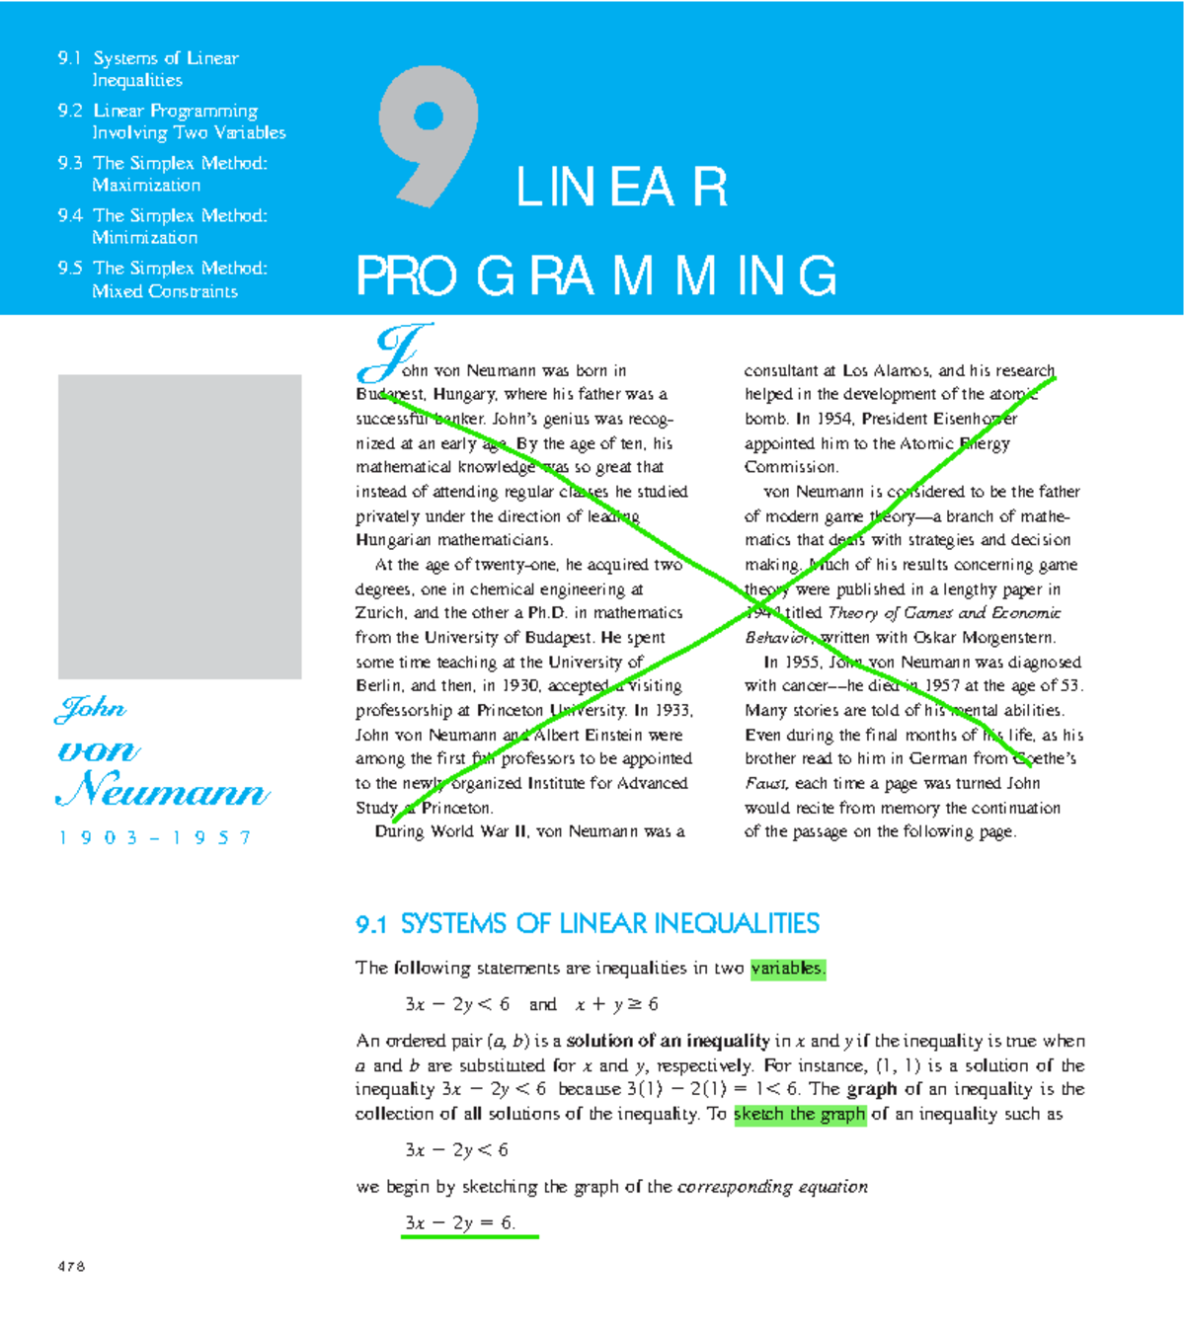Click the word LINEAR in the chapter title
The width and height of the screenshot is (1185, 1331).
621,188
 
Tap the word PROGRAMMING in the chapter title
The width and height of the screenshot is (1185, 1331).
595,275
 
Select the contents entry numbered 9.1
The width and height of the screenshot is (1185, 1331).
148,69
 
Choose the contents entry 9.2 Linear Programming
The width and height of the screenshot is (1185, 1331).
172,121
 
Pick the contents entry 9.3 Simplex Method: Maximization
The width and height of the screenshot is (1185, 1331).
163,174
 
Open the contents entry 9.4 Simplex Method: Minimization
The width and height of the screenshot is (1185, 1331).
163,226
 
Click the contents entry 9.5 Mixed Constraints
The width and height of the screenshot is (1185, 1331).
163,279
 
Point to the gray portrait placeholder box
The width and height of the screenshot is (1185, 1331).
180,526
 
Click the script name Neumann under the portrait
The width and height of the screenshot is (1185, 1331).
163,791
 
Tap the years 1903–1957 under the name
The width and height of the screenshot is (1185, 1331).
155,838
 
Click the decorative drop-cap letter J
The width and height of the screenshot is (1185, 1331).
395,352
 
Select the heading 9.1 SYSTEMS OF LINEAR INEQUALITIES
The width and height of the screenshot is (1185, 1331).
588,924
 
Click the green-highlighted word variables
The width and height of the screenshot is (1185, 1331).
787,969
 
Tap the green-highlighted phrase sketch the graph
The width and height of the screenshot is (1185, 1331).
800,1114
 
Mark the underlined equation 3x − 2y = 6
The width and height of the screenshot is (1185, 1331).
460,1223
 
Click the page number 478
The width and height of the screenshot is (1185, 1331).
71,1267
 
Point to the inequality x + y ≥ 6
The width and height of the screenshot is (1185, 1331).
616,1004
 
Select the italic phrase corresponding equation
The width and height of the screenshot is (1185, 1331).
772,1187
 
